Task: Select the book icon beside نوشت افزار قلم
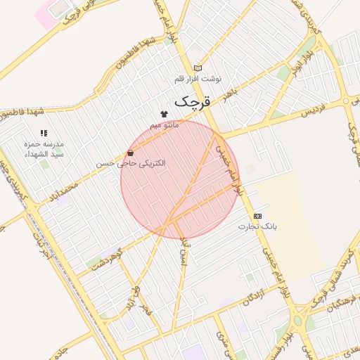pos(198,68)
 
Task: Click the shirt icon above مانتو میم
pos(165,112)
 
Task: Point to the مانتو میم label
pos(165,124)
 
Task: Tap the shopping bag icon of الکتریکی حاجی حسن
pos(131,153)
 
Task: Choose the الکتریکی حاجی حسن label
pos(131,163)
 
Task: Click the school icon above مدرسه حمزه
pos(44,132)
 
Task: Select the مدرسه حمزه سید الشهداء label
pos(44,148)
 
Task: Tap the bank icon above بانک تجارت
pos(257,215)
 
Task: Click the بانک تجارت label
pos(257,226)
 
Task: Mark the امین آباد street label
pos(185,251)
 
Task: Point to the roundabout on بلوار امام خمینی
pos(300,322)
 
